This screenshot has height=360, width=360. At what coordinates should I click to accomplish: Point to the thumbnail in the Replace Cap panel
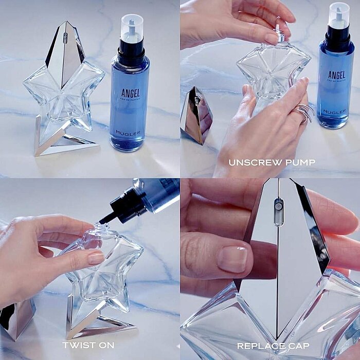[x=234, y=258]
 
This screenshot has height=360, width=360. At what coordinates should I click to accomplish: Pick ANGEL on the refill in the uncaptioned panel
[x=131, y=94]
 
